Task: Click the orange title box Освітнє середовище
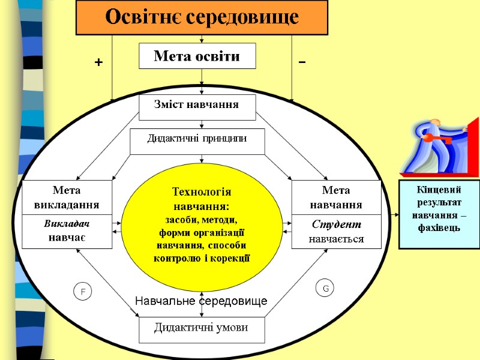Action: click(x=202, y=17)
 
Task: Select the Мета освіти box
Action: click(x=197, y=56)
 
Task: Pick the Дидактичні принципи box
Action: click(x=197, y=139)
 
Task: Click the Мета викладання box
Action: click(x=67, y=197)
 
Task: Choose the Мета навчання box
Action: click(x=336, y=197)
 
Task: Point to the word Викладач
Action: click(x=67, y=224)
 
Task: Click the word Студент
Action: click(x=336, y=224)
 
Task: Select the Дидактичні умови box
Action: click(x=201, y=328)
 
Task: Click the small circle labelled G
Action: click(x=325, y=289)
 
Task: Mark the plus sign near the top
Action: click(x=98, y=62)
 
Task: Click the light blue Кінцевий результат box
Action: click(x=439, y=214)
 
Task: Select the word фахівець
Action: click(x=439, y=228)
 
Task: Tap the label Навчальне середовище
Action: click(x=201, y=300)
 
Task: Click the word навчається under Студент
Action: click(x=336, y=239)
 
